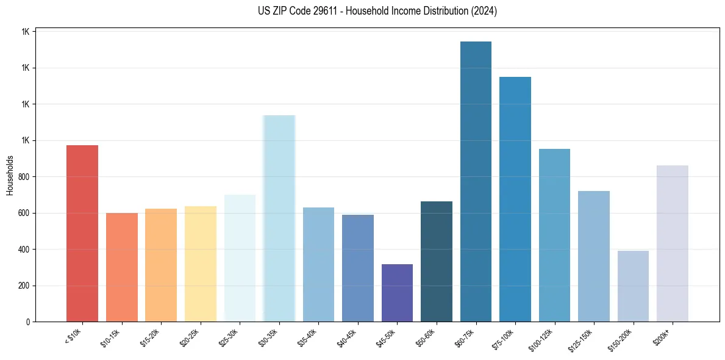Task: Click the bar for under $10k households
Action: click(82, 233)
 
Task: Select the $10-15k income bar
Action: click(122, 267)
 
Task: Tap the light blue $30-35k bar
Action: click(279, 218)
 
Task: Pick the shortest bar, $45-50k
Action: click(397, 293)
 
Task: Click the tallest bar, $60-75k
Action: click(476, 182)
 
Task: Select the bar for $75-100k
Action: click(515, 200)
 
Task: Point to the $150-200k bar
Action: click(633, 286)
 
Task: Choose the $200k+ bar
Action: click(673, 243)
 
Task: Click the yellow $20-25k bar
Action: click(201, 264)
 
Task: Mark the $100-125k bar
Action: click(554, 235)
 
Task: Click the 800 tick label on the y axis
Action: click(23, 177)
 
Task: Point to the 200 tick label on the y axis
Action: click(23, 286)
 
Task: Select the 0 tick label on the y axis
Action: click(28, 322)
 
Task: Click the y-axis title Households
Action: click(10, 176)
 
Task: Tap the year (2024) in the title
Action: click(484, 11)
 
